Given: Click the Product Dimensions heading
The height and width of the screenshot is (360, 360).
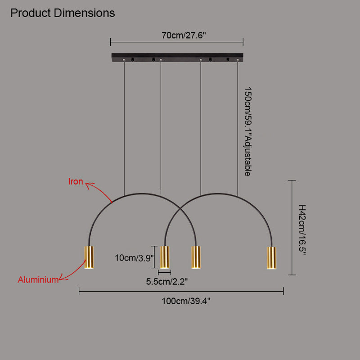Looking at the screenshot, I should click(63, 13).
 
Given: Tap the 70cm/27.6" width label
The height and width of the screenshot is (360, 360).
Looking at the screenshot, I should click(177, 36).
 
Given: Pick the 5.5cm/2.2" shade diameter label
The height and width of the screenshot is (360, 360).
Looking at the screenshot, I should click(167, 282).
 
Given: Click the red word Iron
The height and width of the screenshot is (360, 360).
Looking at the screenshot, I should click(76, 182).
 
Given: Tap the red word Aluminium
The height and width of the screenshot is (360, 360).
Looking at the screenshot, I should click(38, 280).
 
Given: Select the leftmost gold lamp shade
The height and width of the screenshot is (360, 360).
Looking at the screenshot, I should click(89, 258).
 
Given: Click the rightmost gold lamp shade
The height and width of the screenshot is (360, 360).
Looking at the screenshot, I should click(271, 258).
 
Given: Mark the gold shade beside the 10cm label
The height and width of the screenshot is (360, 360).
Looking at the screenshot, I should click(165, 257).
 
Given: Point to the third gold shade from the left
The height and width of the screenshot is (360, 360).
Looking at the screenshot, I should click(196, 257).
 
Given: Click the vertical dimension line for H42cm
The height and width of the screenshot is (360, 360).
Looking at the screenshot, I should click(293, 227).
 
